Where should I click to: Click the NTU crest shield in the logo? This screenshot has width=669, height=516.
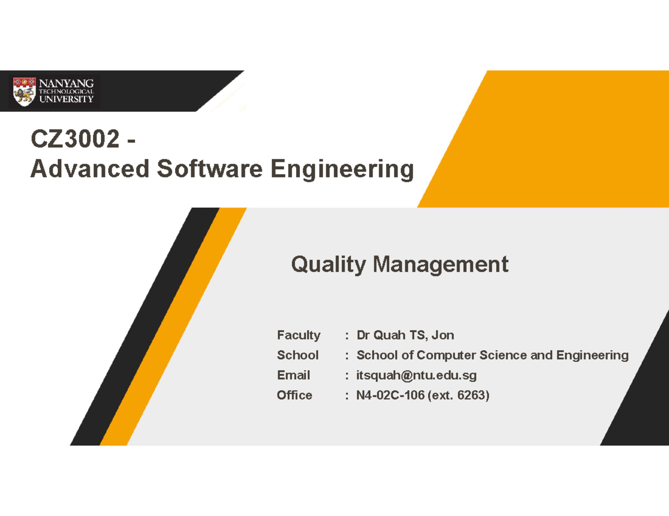click(x=25, y=91)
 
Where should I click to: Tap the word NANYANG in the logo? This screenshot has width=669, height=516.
click(x=66, y=83)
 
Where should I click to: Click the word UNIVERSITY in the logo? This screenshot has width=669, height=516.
click(x=66, y=99)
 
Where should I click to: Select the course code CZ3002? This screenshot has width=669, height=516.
click(x=75, y=139)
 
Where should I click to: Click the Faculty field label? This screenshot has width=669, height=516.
click(x=299, y=335)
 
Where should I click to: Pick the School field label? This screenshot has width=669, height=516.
click(x=298, y=355)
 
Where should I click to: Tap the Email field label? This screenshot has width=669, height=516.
click(x=294, y=375)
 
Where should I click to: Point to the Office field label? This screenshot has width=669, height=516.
click(x=295, y=395)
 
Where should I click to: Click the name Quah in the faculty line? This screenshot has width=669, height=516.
click(x=389, y=335)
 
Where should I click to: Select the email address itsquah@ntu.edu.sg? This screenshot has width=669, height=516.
click(x=416, y=375)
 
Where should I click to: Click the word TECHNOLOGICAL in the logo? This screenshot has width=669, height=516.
click(x=66, y=91)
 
